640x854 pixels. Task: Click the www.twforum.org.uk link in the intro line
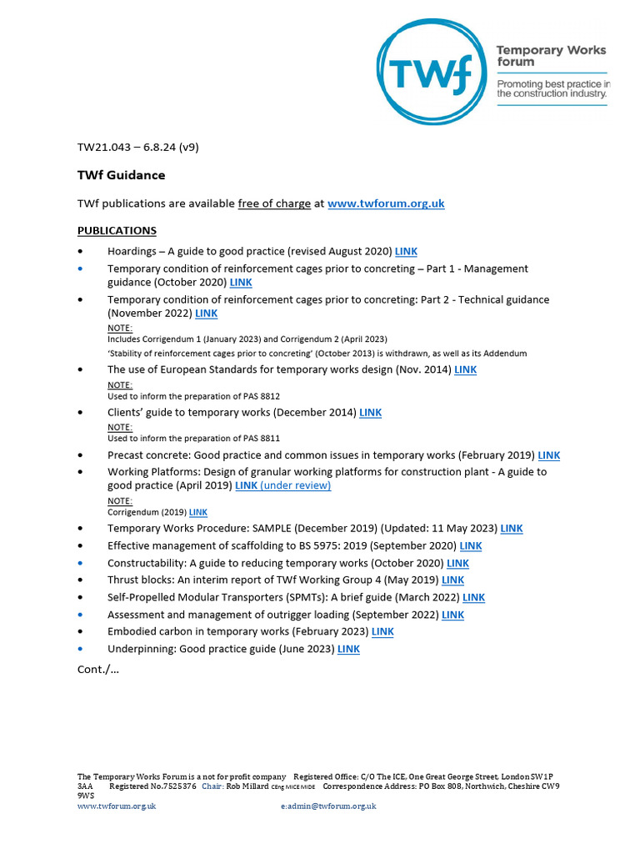[386, 203]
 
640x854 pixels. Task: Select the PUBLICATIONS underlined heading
[117, 230]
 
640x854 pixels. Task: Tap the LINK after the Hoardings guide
[406, 251]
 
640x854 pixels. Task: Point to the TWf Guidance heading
[121, 175]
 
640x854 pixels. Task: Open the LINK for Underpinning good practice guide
[348, 649]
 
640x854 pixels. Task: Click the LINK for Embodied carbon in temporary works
[382, 631]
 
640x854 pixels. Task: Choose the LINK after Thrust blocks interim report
[452, 580]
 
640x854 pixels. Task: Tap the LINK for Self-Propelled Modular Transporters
[473, 597]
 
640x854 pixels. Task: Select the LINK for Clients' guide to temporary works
[370, 412]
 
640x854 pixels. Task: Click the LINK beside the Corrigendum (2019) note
[198, 512]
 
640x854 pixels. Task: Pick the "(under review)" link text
[296, 485]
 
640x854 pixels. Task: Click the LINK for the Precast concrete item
[549, 455]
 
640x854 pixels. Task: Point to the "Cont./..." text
[98, 670]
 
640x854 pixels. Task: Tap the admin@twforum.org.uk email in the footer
[332, 806]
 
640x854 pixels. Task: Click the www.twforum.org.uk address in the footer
[117, 806]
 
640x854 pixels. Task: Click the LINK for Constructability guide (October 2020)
[457, 563]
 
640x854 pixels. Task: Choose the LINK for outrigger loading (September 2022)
[452, 615]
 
